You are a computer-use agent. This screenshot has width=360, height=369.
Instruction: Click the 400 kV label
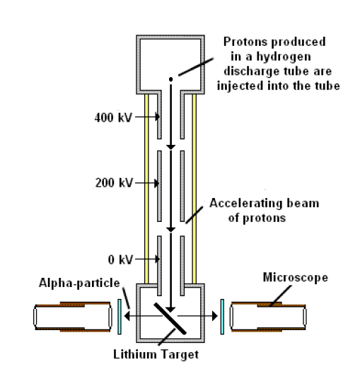(113, 117)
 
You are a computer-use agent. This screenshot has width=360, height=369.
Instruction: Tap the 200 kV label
(114, 183)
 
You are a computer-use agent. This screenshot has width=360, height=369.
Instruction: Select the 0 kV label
(120, 259)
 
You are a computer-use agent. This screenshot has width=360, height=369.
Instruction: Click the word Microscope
(296, 277)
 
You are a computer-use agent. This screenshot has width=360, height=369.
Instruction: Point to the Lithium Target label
(156, 354)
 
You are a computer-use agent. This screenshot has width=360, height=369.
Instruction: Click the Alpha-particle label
(79, 283)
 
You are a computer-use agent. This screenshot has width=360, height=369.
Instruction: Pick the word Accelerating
(245, 204)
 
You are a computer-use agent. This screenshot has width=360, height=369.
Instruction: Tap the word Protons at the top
(245, 42)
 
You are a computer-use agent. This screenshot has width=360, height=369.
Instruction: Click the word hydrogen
(284, 57)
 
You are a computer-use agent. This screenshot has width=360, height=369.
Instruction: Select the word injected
(240, 86)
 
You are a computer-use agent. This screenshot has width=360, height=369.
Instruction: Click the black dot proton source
(170, 79)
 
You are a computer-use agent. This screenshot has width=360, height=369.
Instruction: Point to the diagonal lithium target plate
(170, 319)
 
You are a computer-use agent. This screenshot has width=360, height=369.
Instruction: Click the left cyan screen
(120, 317)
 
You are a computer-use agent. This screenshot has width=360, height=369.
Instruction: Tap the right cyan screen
(222, 317)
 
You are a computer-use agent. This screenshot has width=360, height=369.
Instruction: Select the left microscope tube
(73, 317)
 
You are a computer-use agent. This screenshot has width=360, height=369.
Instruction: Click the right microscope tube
(268, 317)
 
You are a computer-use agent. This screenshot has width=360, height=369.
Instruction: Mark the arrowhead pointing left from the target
(127, 316)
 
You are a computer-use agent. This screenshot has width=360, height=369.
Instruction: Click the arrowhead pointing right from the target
(214, 316)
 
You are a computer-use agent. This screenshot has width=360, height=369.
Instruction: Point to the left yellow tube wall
(146, 189)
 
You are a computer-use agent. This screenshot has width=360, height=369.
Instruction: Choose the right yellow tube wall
(194, 189)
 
